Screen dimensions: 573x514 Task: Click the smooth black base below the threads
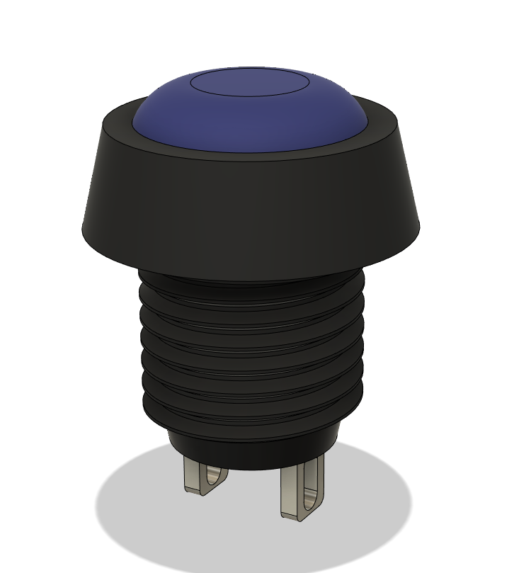point(251,453)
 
